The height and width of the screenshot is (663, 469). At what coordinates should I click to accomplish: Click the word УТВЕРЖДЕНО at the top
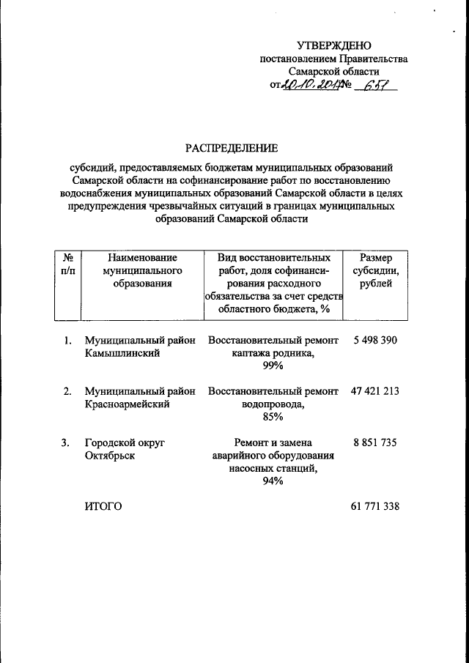tap(334, 46)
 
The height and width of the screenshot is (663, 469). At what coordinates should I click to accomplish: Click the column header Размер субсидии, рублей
tap(376, 270)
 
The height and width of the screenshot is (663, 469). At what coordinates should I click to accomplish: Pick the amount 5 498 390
tap(375, 341)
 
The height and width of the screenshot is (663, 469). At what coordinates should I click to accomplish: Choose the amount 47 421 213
tap(375, 391)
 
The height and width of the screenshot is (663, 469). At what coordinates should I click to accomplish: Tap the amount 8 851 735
tap(375, 442)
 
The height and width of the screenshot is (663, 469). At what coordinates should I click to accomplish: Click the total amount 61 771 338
tap(375, 506)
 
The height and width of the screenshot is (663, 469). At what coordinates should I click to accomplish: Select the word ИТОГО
tap(103, 506)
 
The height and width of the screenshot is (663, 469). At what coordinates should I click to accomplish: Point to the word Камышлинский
tap(122, 353)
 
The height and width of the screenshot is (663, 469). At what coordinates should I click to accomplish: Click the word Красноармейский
tap(128, 404)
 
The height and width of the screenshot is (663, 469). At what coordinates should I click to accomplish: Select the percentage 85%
tap(273, 417)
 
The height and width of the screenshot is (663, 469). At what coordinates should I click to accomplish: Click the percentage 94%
tap(273, 481)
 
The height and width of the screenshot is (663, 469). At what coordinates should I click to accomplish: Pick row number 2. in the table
tap(67, 391)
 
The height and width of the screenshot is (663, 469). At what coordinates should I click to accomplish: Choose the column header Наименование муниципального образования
tap(142, 270)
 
